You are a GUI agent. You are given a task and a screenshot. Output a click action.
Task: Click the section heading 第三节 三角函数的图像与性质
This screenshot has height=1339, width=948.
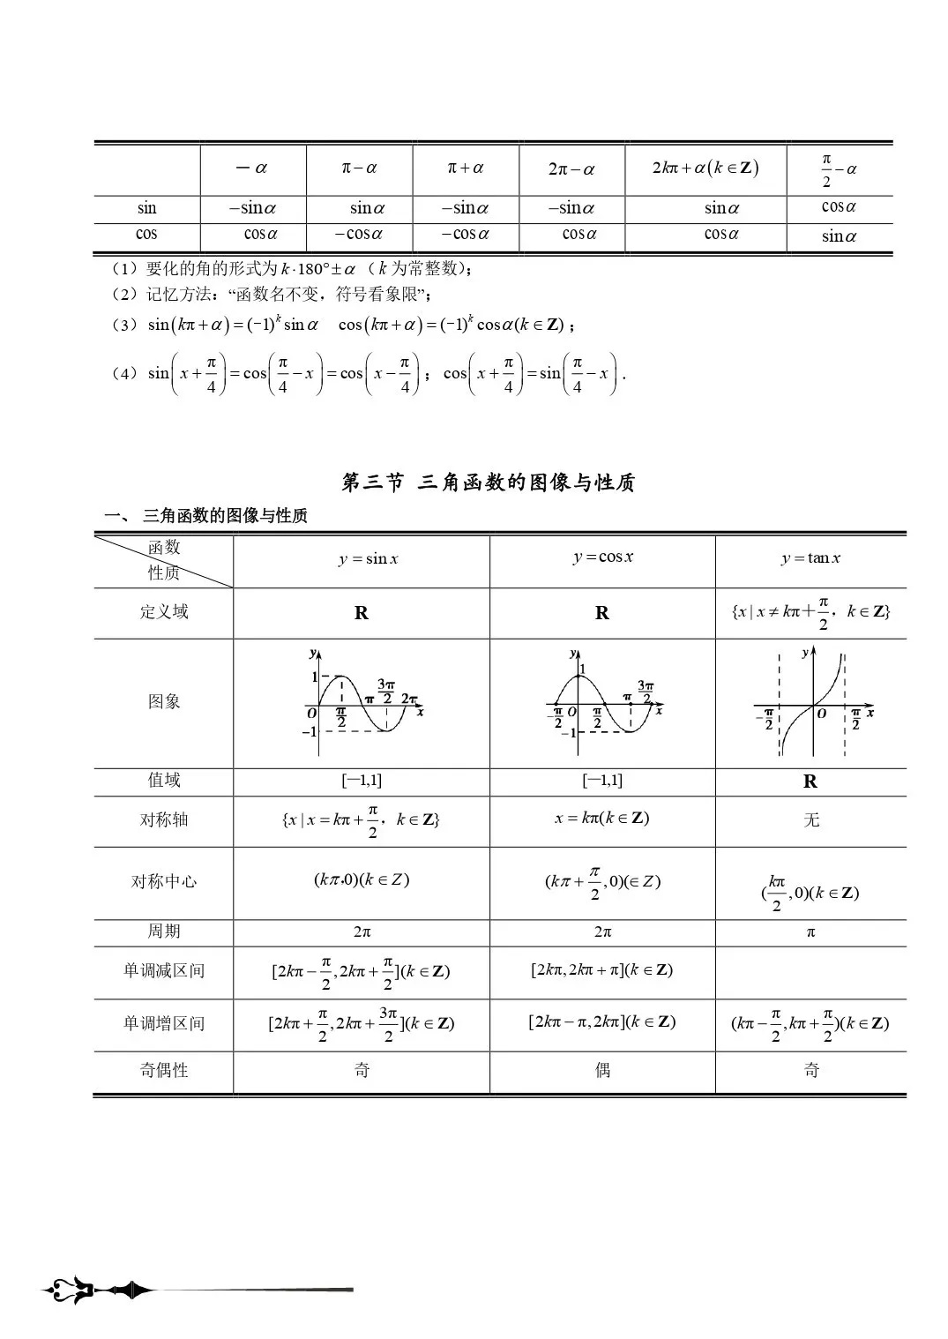(488, 482)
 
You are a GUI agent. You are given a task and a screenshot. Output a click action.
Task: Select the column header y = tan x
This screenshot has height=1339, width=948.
(810, 558)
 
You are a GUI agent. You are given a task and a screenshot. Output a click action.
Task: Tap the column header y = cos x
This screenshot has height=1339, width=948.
(603, 557)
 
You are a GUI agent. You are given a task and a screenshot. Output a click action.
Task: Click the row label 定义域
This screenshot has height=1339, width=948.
(164, 612)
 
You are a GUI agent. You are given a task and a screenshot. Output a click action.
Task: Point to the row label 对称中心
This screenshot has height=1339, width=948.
(164, 881)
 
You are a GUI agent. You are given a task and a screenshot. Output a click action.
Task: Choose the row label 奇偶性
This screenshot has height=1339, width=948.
(164, 1070)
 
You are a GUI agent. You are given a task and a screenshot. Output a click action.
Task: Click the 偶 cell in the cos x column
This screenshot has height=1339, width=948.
(602, 1070)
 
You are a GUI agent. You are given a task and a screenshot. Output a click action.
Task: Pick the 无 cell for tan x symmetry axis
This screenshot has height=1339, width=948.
(811, 820)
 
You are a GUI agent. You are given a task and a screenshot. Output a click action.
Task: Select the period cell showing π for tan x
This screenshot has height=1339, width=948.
(810, 932)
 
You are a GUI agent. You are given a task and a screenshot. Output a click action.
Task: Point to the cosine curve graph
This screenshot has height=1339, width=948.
(603, 703)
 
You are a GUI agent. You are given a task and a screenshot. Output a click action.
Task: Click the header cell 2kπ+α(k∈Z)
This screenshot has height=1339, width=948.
(705, 168)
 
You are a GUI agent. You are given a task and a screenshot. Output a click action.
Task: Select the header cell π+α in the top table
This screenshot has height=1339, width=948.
(466, 168)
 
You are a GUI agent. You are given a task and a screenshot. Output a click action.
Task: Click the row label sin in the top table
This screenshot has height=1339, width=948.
(147, 209)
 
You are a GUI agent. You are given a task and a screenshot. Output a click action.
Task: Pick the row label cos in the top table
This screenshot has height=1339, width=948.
(147, 235)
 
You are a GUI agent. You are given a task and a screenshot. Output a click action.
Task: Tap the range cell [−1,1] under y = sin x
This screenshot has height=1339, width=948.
(362, 781)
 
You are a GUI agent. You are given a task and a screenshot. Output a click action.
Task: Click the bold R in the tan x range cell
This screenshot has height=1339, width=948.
(810, 782)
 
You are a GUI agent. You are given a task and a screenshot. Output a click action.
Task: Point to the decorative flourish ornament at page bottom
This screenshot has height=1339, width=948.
(97, 1291)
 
